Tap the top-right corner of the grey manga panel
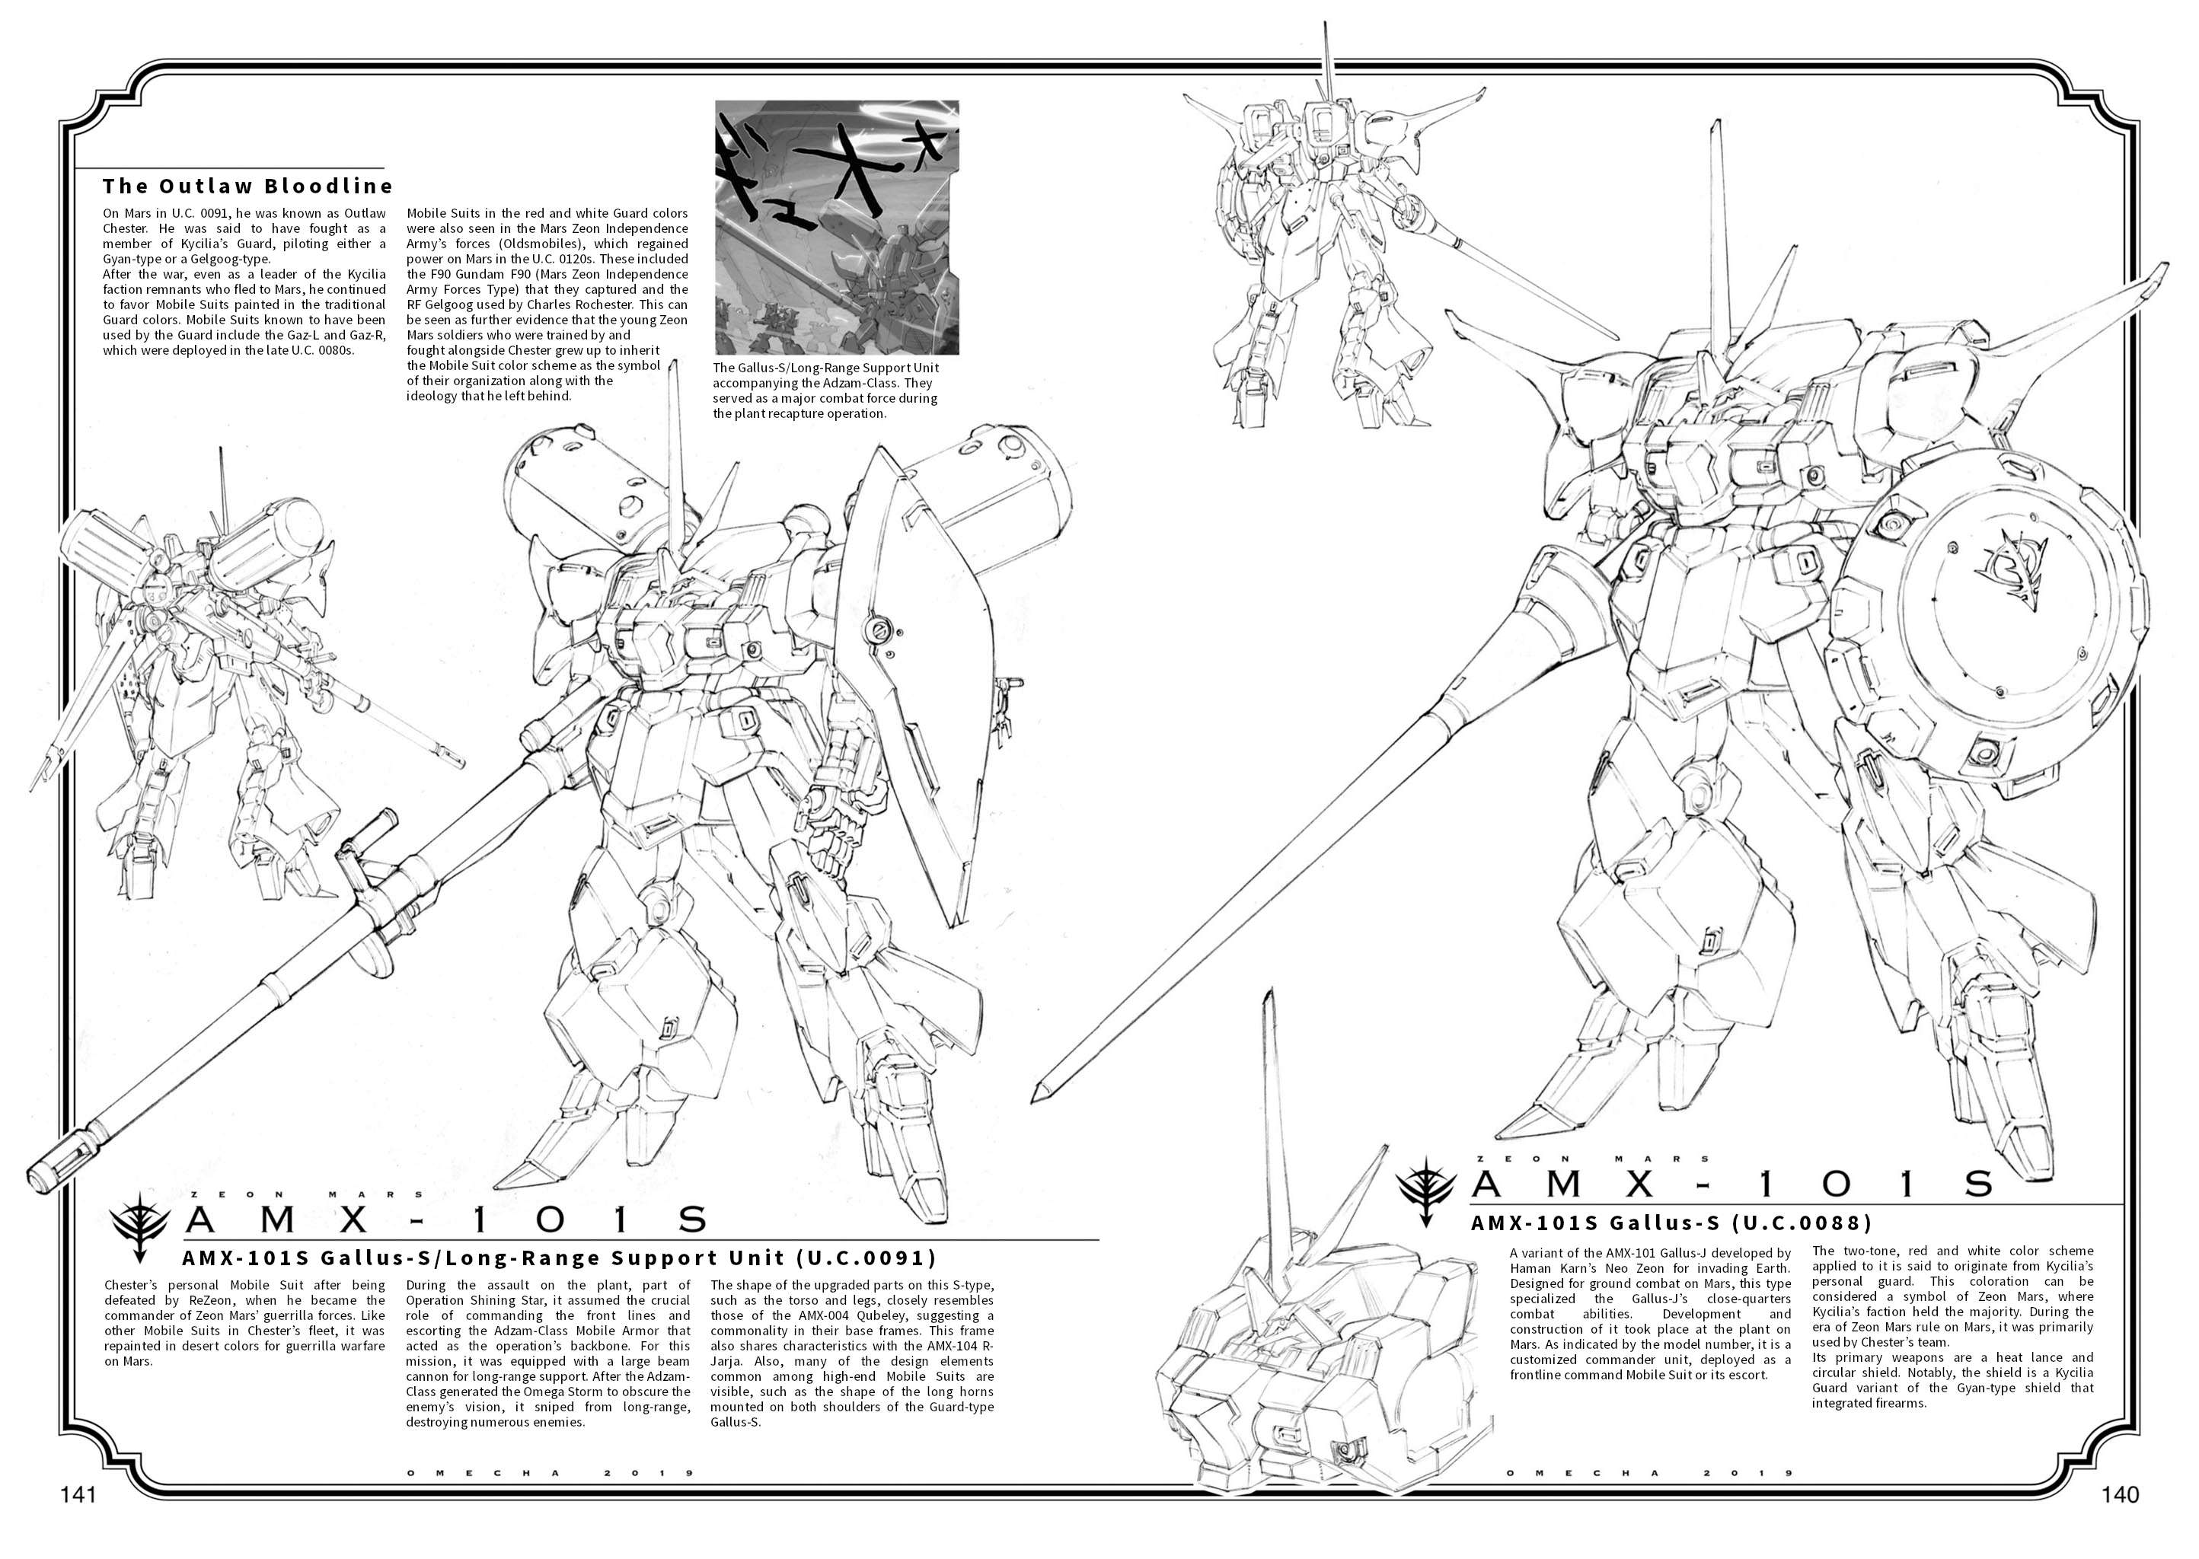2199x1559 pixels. (959, 100)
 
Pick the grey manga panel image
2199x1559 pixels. (838, 228)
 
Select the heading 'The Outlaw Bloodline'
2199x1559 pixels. (247, 185)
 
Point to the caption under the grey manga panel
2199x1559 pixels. (826, 391)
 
